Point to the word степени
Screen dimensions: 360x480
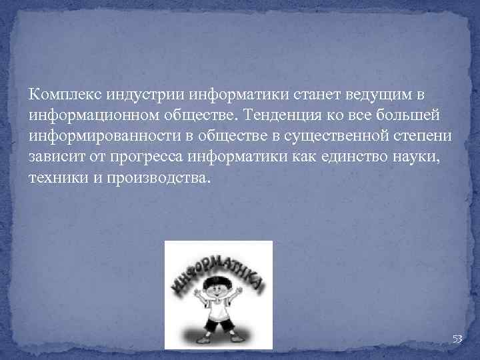[x=422, y=137]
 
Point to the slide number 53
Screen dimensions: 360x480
[x=457, y=339]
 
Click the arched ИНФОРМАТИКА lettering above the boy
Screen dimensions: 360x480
[x=217, y=267]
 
